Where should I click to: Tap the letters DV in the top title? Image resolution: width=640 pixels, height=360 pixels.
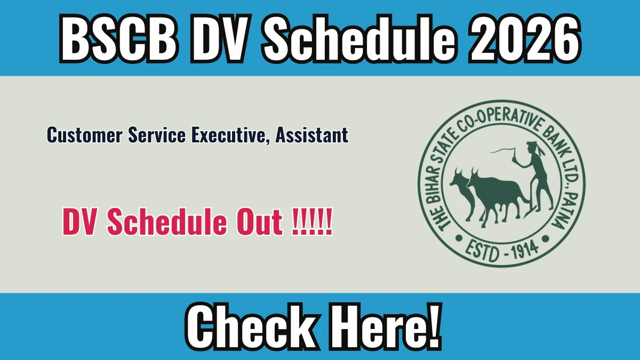click(218, 38)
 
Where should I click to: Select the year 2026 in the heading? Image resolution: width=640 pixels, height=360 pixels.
click(524, 38)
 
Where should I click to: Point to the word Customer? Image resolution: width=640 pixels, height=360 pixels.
click(85, 134)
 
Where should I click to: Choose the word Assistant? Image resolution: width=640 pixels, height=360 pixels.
click(311, 134)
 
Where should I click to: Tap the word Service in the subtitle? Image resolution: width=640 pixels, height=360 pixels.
click(157, 134)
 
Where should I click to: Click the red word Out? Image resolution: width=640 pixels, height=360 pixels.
click(260, 222)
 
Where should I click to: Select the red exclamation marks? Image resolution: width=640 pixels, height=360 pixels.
click(313, 222)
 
